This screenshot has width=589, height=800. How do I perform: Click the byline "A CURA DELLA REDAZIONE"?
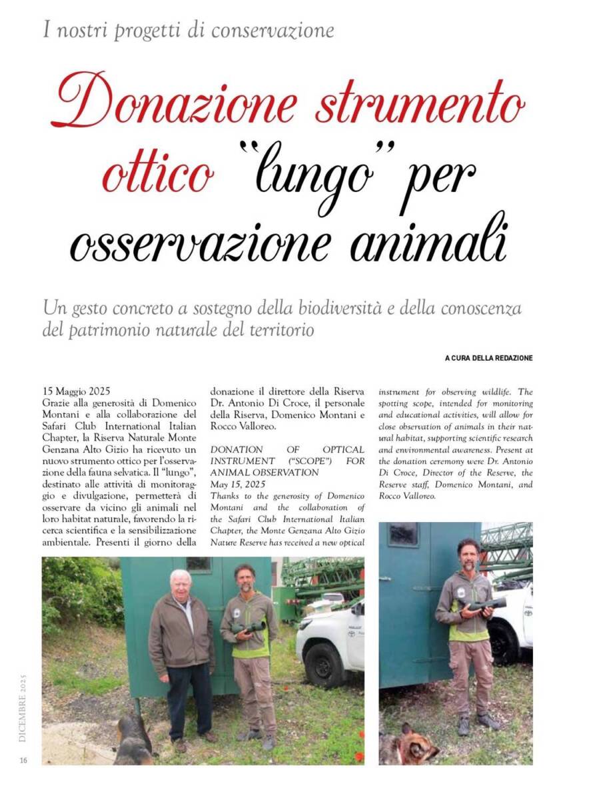[x=488, y=358]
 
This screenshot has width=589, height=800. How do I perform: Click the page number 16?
[x=23, y=760]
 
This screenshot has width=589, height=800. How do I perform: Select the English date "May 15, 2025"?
[x=237, y=484]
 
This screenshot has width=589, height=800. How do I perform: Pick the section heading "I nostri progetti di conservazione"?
[x=188, y=30]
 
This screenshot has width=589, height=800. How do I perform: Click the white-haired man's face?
[x=180, y=583]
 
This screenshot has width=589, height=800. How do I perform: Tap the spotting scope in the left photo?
[x=248, y=627]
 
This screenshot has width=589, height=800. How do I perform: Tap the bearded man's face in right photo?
[x=469, y=555]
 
